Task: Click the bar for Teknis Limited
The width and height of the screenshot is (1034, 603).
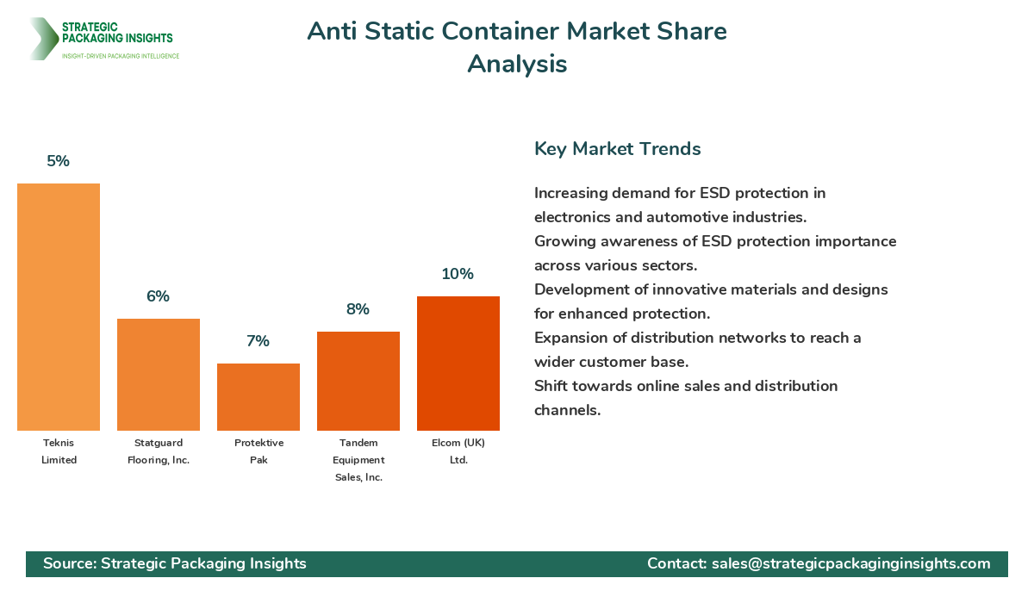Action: point(59,307)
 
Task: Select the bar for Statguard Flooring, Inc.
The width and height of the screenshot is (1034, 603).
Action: point(159,375)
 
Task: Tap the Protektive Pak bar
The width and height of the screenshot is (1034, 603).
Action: point(258,397)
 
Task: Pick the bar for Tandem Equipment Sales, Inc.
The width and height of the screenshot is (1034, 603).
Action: point(358,381)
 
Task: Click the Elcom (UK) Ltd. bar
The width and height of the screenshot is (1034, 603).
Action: point(458,364)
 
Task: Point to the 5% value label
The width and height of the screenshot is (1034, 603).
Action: point(59,161)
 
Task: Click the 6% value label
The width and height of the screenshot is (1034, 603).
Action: point(159,296)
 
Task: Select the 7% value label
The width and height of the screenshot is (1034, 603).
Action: point(258,341)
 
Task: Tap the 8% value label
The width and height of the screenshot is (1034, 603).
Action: point(358,309)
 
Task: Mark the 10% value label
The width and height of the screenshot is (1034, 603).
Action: point(458,274)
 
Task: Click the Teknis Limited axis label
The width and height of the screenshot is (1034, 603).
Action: point(59,451)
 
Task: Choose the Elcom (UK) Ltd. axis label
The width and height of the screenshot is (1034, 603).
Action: point(458,451)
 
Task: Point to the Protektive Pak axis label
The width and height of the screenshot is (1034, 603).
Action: point(258,451)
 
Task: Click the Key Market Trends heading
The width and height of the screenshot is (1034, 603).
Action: point(617,149)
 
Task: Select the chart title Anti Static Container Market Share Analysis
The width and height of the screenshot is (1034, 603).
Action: point(517,47)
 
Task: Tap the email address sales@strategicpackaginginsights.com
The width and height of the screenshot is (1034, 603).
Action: point(850,563)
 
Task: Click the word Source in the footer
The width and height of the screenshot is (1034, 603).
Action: point(67,563)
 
